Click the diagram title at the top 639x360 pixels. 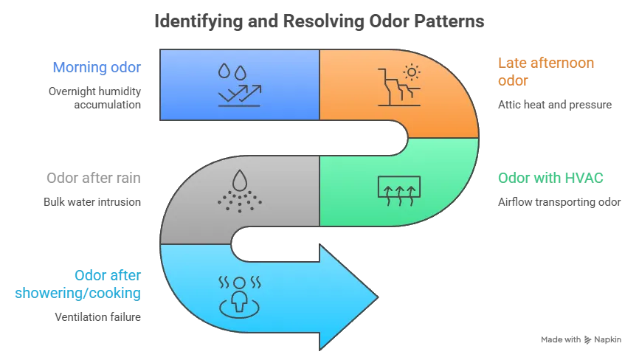tap(319, 22)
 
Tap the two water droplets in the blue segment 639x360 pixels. tap(233, 72)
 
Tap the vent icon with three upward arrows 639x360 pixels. tap(398, 190)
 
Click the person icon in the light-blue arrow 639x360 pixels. tap(239, 291)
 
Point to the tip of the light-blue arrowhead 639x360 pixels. tap(377, 297)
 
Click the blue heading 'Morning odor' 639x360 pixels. tap(96, 69)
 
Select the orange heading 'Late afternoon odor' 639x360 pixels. tap(546, 72)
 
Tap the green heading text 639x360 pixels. tap(550, 178)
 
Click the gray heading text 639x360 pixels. tap(91, 178)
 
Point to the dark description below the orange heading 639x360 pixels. tap(554, 106)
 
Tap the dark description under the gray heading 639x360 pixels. tap(91, 201)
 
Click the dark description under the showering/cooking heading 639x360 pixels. tap(96, 319)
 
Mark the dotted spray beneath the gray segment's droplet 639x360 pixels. tap(239, 200)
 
